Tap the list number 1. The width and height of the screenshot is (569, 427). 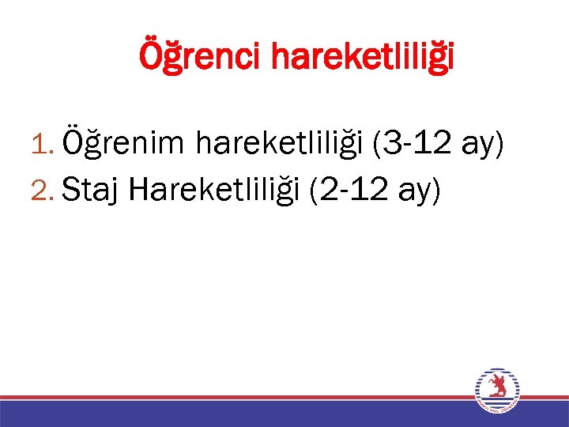tap(43, 145)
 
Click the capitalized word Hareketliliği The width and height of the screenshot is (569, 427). tap(214, 190)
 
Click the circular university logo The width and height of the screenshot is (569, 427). tap(497, 391)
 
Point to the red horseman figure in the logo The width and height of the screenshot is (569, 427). tap(497, 387)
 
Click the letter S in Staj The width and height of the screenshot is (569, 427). tap(70, 190)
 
